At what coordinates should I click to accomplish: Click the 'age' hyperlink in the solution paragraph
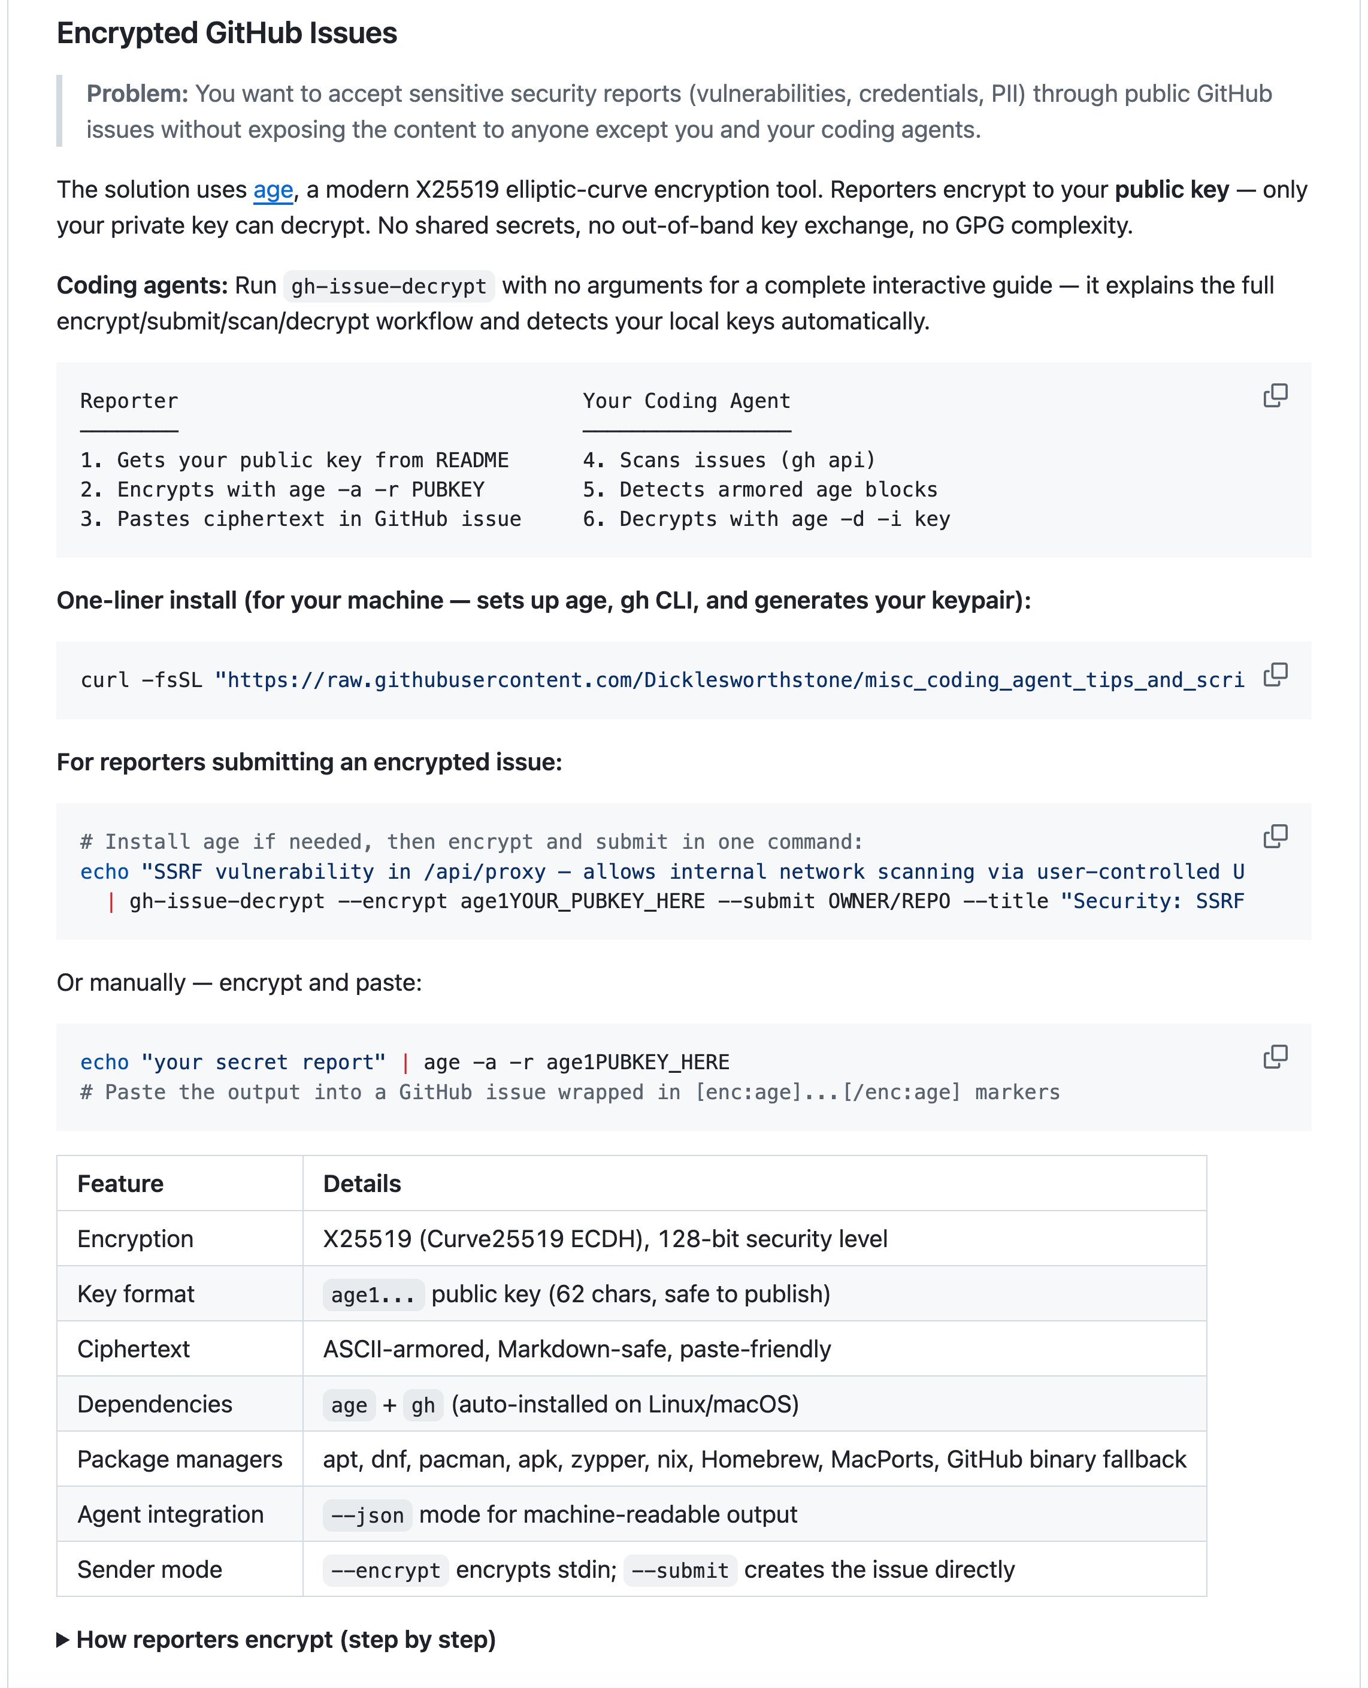(273, 189)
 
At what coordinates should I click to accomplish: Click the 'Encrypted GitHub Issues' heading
(227, 33)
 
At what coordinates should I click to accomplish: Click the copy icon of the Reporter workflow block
(1275, 395)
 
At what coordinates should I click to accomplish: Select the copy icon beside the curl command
(1275, 674)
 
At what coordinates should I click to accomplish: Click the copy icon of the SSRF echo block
(1275, 836)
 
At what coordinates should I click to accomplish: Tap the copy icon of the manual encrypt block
(1275, 1057)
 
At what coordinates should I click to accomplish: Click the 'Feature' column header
(120, 1184)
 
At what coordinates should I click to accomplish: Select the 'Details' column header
(362, 1184)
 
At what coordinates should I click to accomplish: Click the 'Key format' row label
(135, 1294)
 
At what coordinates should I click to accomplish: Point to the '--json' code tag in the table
(367, 1515)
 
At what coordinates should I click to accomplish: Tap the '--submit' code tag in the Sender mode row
(680, 1570)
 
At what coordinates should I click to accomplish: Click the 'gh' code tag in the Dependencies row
(423, 1404)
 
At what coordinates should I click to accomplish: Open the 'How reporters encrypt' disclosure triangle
(63, 1640)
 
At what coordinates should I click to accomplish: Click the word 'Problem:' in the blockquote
(137, 94)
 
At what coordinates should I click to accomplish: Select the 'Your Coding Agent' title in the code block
(686, 401)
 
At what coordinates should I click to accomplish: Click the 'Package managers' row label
(180, 1459)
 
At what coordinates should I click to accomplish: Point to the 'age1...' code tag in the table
(373, 1294)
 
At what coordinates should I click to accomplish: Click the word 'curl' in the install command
(105, 680)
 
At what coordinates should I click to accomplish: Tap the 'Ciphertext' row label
(133, 1349)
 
